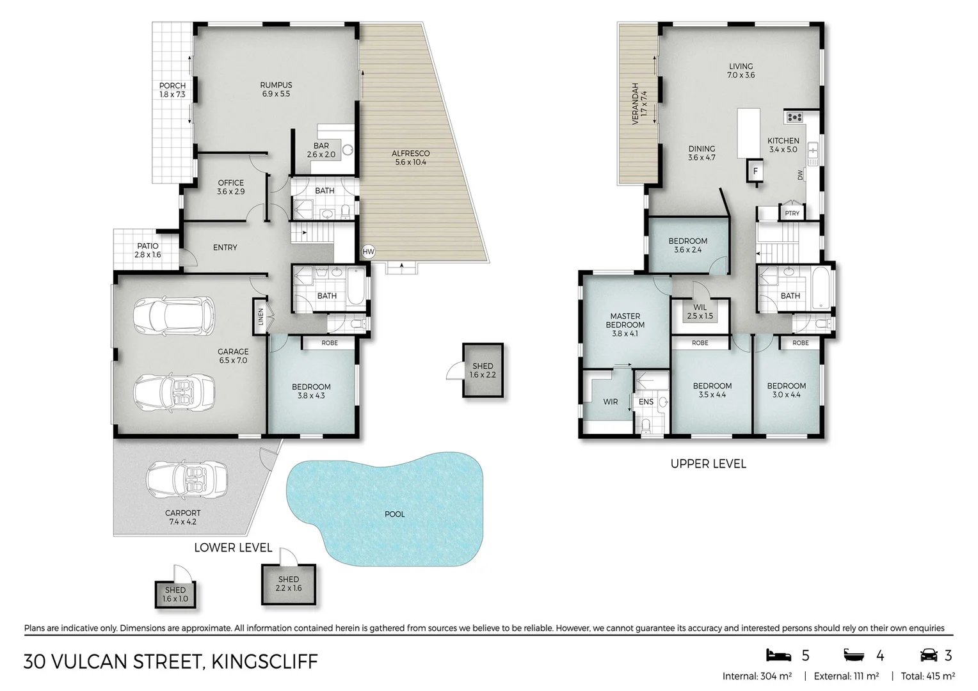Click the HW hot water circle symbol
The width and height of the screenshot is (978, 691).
point(368,252)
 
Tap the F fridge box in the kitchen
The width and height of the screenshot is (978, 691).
point(755,171)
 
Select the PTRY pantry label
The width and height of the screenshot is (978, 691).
point(792,213)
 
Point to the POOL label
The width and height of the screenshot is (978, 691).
point(394,514)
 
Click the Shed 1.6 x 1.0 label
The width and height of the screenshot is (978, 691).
point(175,594)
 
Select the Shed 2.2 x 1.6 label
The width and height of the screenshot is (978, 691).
point(288,584)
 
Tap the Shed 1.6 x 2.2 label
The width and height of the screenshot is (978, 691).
point(483,370)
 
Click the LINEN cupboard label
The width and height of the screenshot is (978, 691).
point(261,317)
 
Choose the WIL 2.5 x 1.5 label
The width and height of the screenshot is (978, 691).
point(700,312)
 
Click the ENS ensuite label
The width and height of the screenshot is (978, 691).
point(646,402)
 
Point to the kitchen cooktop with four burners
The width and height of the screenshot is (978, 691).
point(795,117)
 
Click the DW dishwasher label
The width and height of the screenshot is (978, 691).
point(800,175)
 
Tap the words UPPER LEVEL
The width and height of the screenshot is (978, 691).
point(708,464)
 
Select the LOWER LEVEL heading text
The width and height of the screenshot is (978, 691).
point(233,548)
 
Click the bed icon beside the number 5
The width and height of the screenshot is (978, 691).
point(778,655)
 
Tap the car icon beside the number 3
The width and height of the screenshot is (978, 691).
point(928,655)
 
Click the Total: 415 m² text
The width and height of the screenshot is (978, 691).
point(927,676)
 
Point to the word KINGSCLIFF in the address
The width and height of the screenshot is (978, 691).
point(265,662)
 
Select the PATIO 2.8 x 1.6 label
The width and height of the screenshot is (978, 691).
point(147,250)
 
